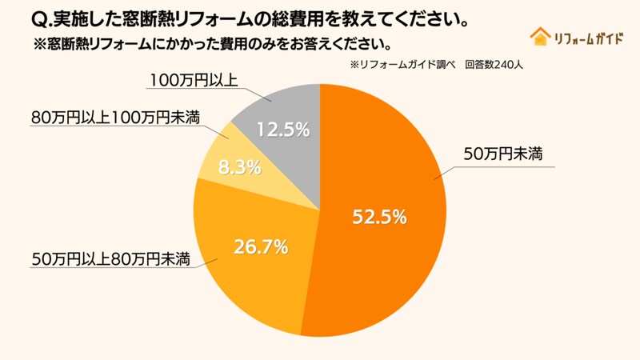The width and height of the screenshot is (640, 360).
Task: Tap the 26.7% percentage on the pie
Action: pyautogui.click(x=260, y=246)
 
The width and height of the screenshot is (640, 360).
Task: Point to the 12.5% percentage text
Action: pyautogui.click(x=282, y=129)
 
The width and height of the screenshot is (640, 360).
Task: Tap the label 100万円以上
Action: pyautogui.click(x=194, y=80)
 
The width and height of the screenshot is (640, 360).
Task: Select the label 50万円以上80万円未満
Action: pyautogui.click(x=110, y=258)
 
